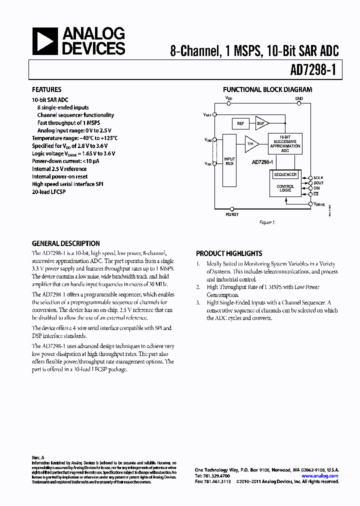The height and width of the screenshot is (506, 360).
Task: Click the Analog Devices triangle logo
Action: click(45, 41)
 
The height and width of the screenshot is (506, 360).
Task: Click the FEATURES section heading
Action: click(46, 90)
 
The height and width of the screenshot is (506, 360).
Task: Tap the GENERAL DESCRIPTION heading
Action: click(65, 243)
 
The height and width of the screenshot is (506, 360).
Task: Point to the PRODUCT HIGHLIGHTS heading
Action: click(229, 253)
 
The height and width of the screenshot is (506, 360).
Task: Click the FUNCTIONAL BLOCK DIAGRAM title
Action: click(267, 90)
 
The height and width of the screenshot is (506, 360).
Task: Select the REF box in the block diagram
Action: click(241, 123)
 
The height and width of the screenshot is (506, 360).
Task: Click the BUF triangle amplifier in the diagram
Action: click(261, 123)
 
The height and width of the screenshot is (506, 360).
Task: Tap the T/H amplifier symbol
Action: click(251, 144)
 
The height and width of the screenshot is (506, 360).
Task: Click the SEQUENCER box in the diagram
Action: click(285, 174)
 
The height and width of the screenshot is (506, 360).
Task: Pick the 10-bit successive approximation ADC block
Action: click(285, 143)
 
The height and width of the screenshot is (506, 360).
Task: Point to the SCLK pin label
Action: click(318, 178)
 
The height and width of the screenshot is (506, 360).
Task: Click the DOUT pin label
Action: click(318, 183)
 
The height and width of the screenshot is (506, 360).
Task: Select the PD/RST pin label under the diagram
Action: click(232, 214)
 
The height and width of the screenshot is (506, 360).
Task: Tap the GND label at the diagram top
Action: click(299, 98)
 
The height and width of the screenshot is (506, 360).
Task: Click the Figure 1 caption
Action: click(267, 222)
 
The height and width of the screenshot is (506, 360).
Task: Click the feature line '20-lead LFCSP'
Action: click(48, 191)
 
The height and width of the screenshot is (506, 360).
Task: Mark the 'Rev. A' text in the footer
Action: click(38, 457)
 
